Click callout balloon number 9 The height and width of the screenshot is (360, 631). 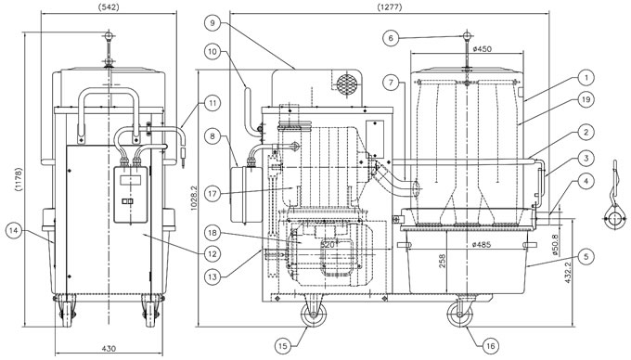point(212,23)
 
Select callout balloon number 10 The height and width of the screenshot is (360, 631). point(212,51)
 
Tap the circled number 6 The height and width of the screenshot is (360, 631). point(391,38)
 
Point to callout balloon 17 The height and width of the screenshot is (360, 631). point(212,194)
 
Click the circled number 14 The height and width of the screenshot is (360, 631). point(14,230)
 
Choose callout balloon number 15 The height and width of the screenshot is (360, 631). point(283,346)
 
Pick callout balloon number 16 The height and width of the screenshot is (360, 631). point(490,346)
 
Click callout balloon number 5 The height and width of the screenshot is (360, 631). point(586,256)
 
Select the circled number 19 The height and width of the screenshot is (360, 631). point(586,99)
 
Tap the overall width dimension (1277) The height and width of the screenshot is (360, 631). point(390,6)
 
